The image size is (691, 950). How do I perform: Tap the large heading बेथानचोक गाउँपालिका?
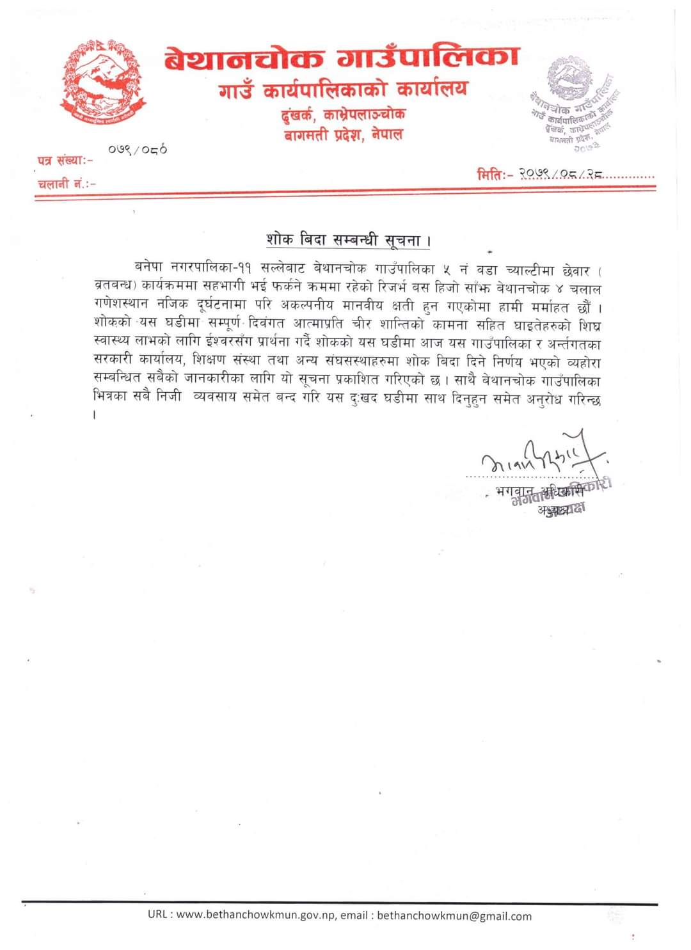341,59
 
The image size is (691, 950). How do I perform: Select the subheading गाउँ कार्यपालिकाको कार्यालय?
343,90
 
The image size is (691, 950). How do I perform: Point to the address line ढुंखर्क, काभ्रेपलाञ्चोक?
344,115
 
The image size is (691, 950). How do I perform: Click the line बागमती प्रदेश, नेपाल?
344,136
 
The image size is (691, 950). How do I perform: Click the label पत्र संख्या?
63,160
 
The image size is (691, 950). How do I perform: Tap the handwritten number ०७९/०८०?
138,150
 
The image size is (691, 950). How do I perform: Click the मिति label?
495,173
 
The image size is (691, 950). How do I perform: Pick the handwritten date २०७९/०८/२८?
561,173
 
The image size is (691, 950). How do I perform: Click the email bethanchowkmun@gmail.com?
454,915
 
